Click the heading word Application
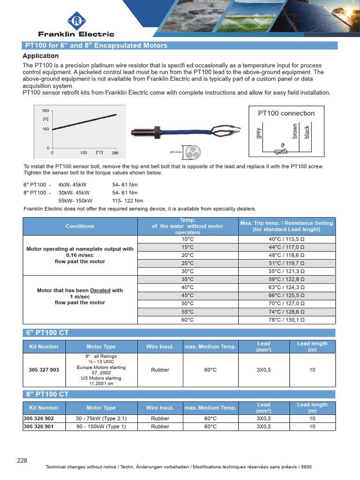(x=41, y=56)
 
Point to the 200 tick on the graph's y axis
(x=45, y=111)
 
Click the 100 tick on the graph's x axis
(x=83, y=153)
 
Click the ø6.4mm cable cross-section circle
(x=192, y=152)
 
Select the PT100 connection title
(x=286, y=113)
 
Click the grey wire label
(x=258, y=133)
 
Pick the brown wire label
(x=295, y=131)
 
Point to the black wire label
(x=307, y=132)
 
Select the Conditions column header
(x=80, y=226)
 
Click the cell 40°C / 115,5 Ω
(x=286, y=239)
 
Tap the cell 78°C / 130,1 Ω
(x=286, y=320)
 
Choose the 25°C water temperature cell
(x=187, y=263)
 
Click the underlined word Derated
(x=100, y=291)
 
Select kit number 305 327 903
(x=44, y=370)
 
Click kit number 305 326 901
(x=38, y=427)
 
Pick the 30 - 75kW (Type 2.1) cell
(x=101, y=419)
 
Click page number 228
(x=22, y=461)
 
